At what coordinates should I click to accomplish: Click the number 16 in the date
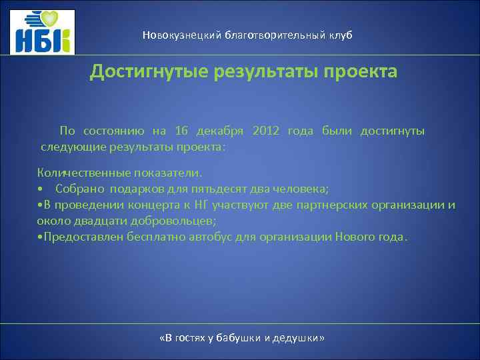pyautogui.click(x=182, y=131)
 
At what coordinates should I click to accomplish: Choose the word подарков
pyautogui.click(x=136, y=189)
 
